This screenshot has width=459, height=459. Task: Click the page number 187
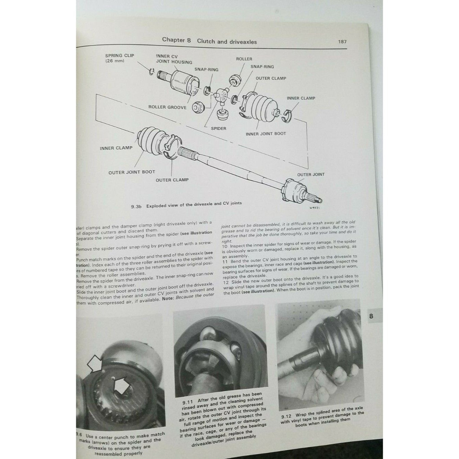pyautogui.click(x=342, y=42)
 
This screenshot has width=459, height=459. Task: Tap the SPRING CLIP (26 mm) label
pyautogui.click(x=120, y=58)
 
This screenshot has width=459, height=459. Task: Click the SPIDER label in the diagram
pyautogui.click(x=218, y=128)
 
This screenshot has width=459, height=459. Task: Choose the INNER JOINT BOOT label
pyautogui.click(x=266, y=133)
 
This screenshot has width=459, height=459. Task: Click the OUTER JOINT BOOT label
pyautogui.click(x=132, y=172)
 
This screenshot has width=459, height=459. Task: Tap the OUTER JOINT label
pyautogui.click(x=311, y=174)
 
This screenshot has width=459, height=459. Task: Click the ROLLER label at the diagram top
pyautogui.click(x=244, y=59)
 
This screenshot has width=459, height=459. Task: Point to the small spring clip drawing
pyautogui.click(x=152, y=72)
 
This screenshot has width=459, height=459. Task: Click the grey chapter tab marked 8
pyautogui.click(x=371, y=316)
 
